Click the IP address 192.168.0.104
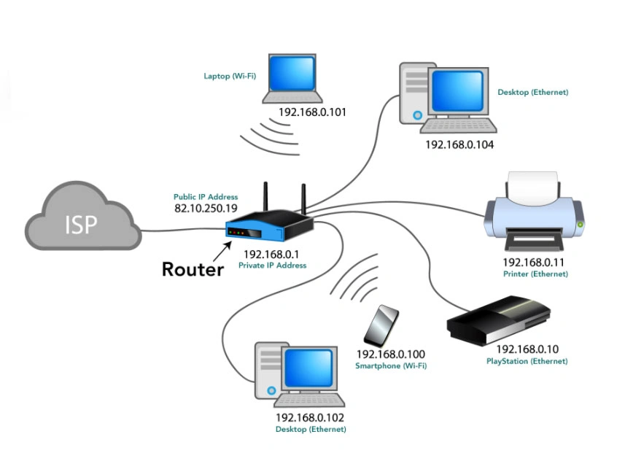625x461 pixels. point(459,145)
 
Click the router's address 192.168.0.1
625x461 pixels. point(272,255)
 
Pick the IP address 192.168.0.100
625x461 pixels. point(390,354)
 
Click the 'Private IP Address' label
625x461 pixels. point(272,266)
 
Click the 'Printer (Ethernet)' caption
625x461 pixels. point(535,274)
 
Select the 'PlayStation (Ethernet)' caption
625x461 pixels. point(527,361)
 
